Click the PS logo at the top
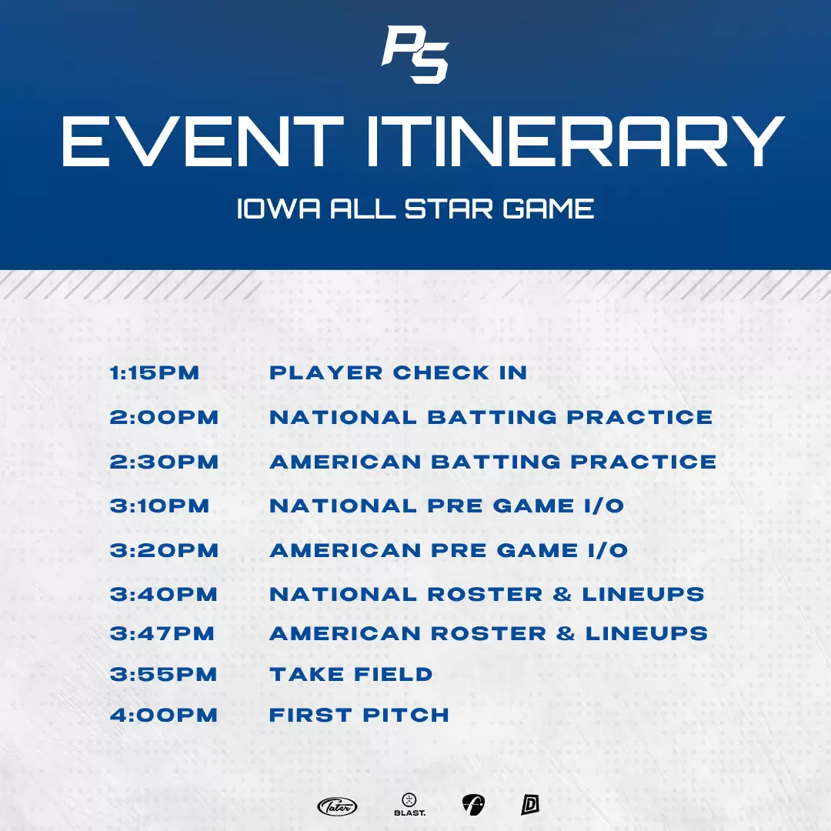pyautogui.click(x=415, y=55)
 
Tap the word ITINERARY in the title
pyautogui.click(x=575, y=142)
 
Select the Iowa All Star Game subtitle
pyautogui.click(x=415, y=209)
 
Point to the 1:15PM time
pyautogui.click(x=154, y=372)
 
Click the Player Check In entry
pyautogui.click(x=398, y=372)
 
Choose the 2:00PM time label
pyautogui.click(x=164, y=417)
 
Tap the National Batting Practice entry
pyautogui.click(x=491, y=417)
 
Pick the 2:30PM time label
pyautogui.click(x=164, y=462)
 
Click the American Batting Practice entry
pyautogui.click(x=493, y=462)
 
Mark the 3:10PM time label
pyautogui.click(x=159, y=506)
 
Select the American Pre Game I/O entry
pyautogui.click(x=449, y=550)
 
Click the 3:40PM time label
pyautogui.click(x=164, y=594)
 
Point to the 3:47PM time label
pyautogui.click(x=162, y=633)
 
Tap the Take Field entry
pyautogui.click(x=351, y=674)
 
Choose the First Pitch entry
pyautogui.click(x=359, y=715)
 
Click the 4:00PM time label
pyautogui.click(x=164, y=715)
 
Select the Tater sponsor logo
pyautogui.click(x=337, y=806)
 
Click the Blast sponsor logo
pyautogui.click(x=409, y=805)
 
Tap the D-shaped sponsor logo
pyautogui.click(x=530, y=805)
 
